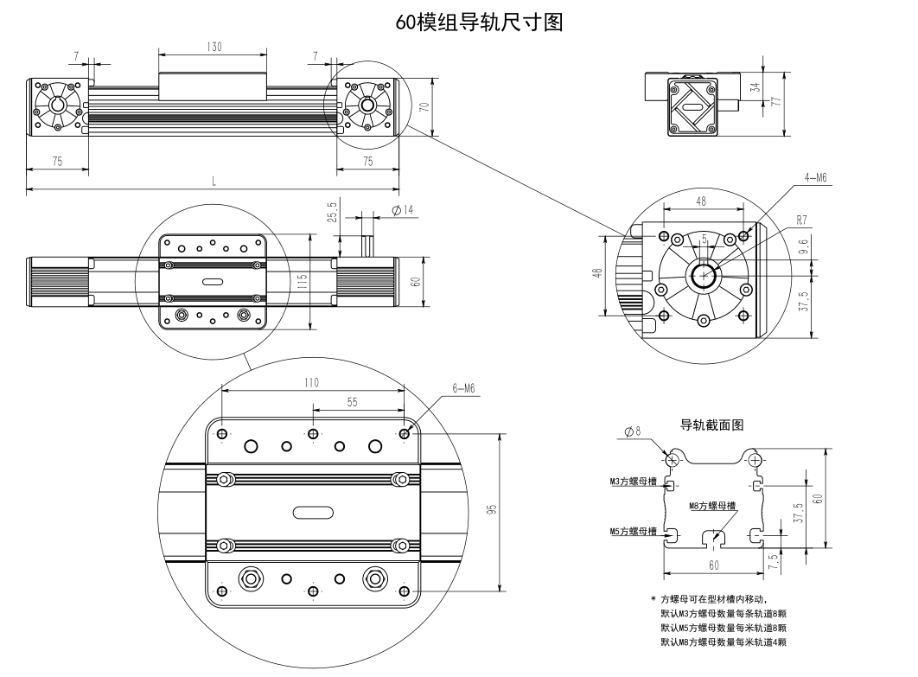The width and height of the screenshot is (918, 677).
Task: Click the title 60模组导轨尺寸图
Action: click(479, 22)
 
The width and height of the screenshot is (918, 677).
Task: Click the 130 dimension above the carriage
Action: click(214, 48)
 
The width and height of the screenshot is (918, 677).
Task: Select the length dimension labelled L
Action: click(214, 181)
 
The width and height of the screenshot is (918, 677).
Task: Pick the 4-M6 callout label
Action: click(816, 177)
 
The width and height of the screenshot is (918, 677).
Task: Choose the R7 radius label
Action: click(802, 220)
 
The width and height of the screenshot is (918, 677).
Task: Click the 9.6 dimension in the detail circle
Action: click(803, 248)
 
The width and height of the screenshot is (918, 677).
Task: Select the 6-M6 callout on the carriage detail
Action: click(463, 389)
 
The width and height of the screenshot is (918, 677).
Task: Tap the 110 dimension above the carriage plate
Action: click(311, 382)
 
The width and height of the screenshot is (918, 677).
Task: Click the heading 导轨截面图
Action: click(712, 425)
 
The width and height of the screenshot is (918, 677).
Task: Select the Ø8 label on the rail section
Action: click(633, 431)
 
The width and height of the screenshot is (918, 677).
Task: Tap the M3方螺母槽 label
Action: click(632, 482)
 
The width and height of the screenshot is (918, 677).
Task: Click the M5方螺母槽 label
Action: click(632, 531)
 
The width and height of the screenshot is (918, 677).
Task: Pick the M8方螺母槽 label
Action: click(712, 506)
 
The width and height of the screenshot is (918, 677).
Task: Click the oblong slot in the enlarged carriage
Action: click(312, 512)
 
